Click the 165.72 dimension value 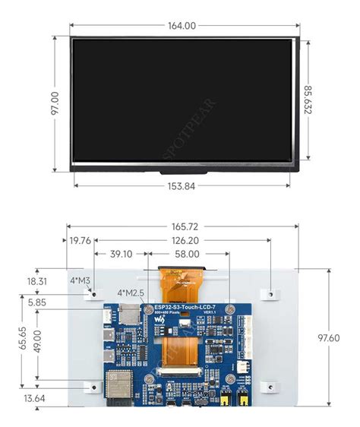pos(181,226)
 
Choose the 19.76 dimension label pos(81,241)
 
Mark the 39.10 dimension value pos(121,255)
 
